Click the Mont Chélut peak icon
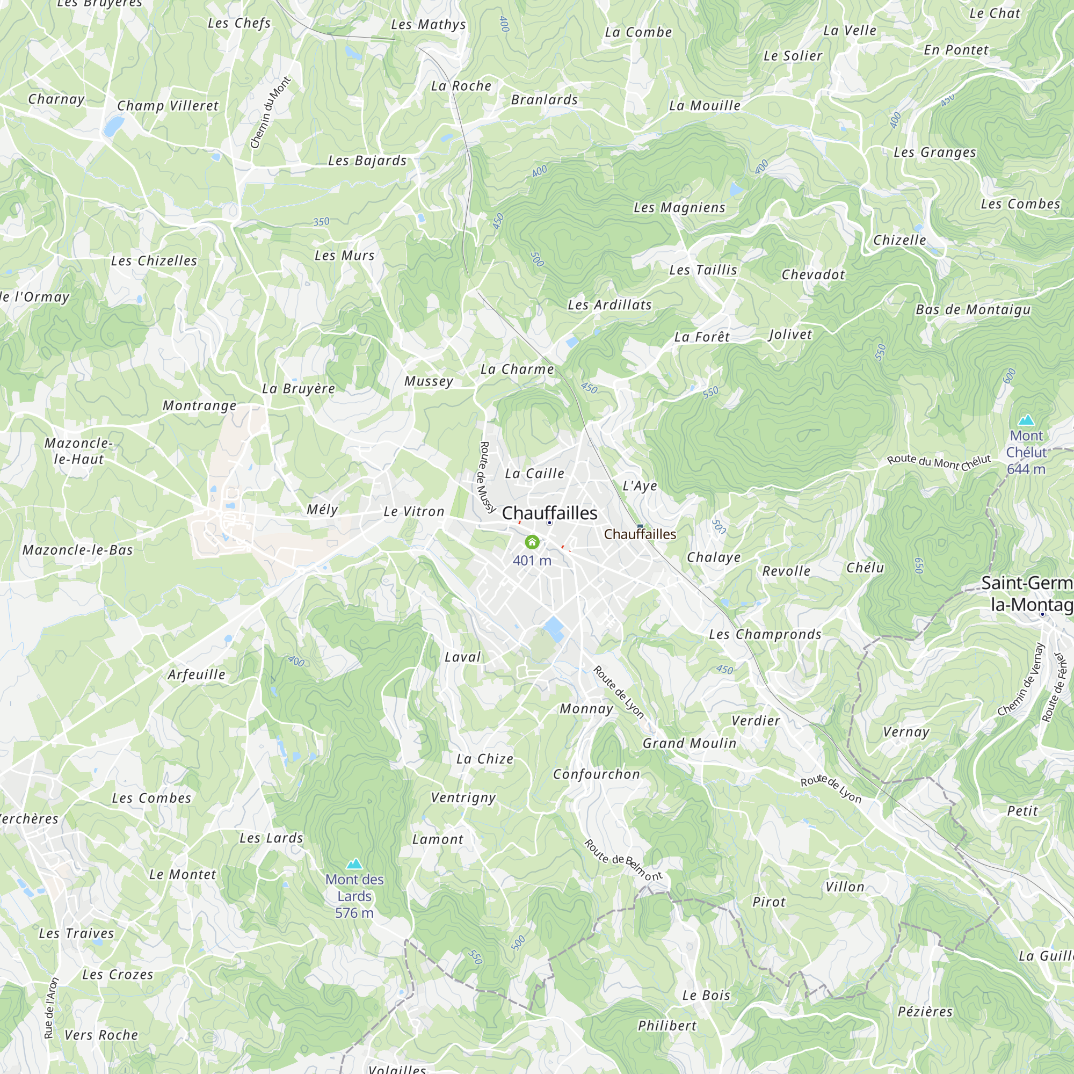point(1026,420)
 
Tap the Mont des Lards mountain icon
point(354,864)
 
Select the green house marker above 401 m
point(532,542)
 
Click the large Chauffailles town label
point(549,513)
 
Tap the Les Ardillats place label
point(609,304)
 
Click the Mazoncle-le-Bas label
point(78,550)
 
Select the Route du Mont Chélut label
point(939,461)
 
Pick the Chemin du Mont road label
point(271,113)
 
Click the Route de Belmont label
point(623,860)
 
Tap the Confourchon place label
point(597,774)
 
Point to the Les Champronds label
point(765,634)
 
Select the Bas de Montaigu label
point(974,310)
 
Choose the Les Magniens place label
point(679,207)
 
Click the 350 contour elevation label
point(321,222)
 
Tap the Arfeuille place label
point(197,674)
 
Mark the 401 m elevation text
point(532,560)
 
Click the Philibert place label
point(667,1026)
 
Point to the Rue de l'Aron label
point(51,1008)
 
